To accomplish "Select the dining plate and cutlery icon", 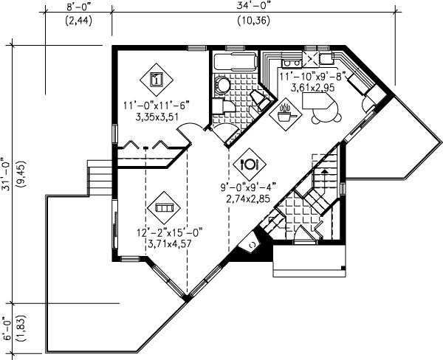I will pos(249,162).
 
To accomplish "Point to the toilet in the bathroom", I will pos(222,86).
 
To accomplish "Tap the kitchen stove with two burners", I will pos(322,58).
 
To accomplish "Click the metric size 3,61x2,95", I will pos(303,86).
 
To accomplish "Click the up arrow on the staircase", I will pos(323,172).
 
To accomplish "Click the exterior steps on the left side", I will pos(98,179).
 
